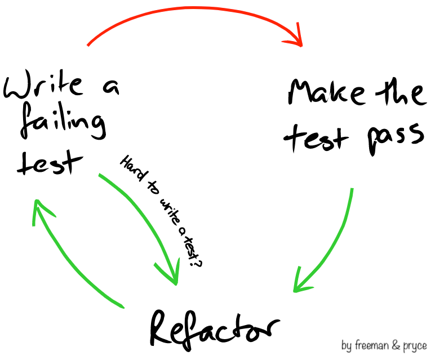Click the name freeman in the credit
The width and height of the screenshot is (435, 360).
374,345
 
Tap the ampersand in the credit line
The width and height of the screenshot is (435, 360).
397,345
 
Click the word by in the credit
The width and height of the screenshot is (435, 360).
347,345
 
